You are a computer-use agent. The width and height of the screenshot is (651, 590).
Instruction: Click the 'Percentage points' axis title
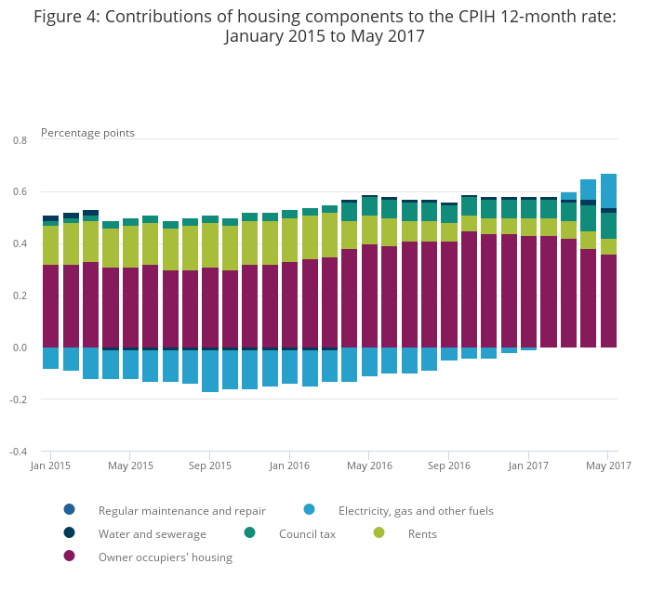click(x=87, y=133)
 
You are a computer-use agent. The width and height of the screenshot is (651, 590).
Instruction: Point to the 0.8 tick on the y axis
click(x=20, y=140)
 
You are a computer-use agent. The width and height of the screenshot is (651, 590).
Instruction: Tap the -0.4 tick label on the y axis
click(x=18, y=452)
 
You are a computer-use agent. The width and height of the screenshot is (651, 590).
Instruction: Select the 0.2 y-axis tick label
click(x=20, y=296)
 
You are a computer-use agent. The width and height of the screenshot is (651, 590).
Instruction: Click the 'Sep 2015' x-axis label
click(x=209, y=465)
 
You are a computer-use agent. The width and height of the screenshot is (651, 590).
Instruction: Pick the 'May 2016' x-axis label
click(x=368, y=465)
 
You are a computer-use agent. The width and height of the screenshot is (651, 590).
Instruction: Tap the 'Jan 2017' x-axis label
click(x=528, y=465)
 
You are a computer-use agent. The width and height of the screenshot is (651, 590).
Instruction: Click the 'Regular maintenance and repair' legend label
click(x=181, y=510)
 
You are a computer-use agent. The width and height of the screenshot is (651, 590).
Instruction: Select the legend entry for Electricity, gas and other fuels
click(x=416, y=510)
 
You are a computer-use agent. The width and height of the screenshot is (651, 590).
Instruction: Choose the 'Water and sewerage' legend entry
click(x=153, y=534)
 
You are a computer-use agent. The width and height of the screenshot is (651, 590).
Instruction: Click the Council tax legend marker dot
click(x=250, y=533)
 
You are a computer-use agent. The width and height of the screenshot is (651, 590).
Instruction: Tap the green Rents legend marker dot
click(x=379, y=533)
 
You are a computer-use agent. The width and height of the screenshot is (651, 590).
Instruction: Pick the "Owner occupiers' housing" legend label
click(x=166, y=557)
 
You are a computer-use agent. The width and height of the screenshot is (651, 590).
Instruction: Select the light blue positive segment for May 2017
click(x=608, y=190)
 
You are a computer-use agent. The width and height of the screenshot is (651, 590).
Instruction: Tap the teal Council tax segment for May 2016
click(x=369, y=206)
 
